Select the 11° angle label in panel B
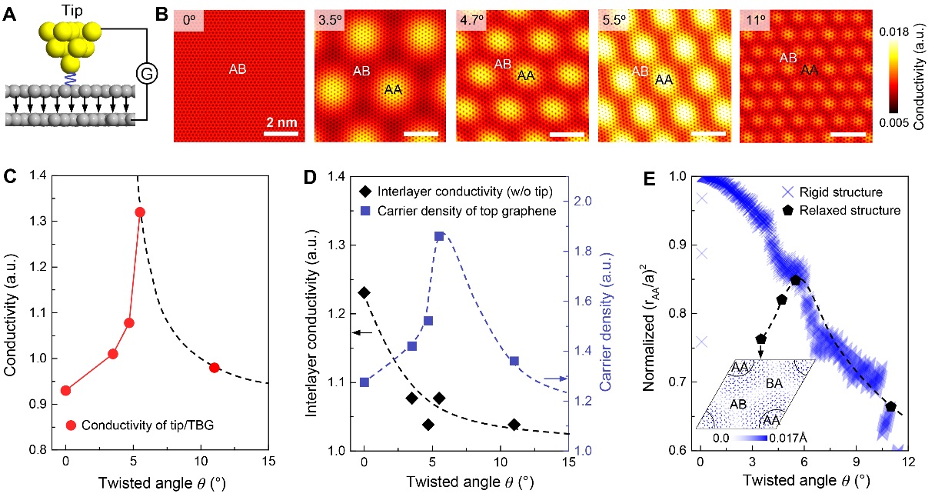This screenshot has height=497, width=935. pos(755,20)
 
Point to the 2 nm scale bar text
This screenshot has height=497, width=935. pos(280,122)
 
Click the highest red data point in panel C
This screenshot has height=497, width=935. pos(140,212)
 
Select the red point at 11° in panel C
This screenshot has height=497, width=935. pos(215,368)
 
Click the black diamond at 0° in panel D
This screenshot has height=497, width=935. pos(364,292)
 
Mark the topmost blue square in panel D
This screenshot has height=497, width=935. pos(439,236)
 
